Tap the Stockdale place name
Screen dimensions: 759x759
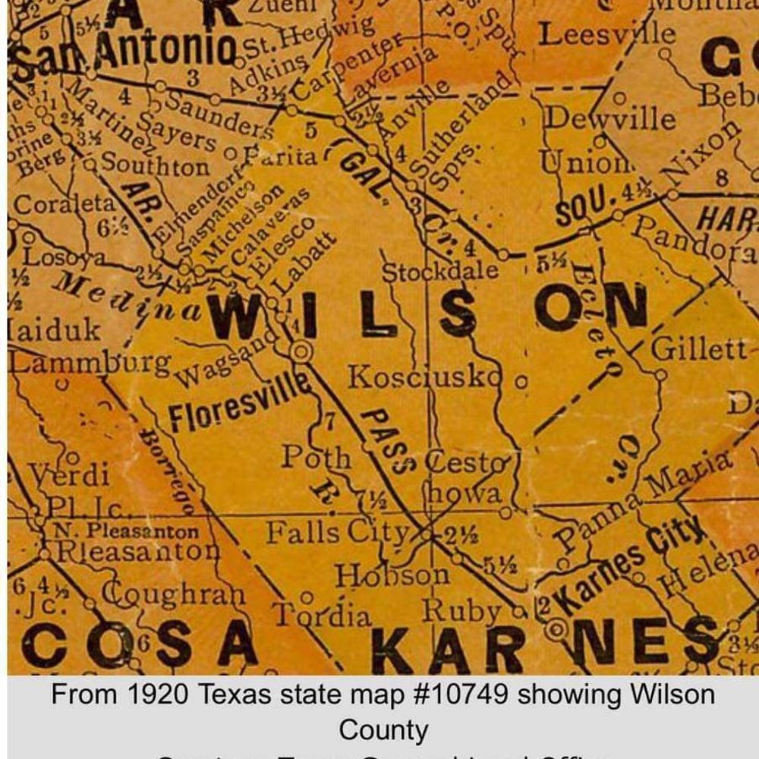(x=439, y=271)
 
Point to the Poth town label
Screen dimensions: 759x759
(x=317, y=458)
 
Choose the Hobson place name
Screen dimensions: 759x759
(x=392, y=575)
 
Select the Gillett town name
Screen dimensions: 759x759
(x=699, y=349)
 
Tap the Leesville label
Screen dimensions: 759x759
(x=606, y=33)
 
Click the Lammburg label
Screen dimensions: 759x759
(x=90, y=362)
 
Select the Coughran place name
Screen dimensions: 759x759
(x=174, y=594)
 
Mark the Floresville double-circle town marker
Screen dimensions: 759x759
(x=301, y=351)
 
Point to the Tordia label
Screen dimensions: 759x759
(x=323, y=614)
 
